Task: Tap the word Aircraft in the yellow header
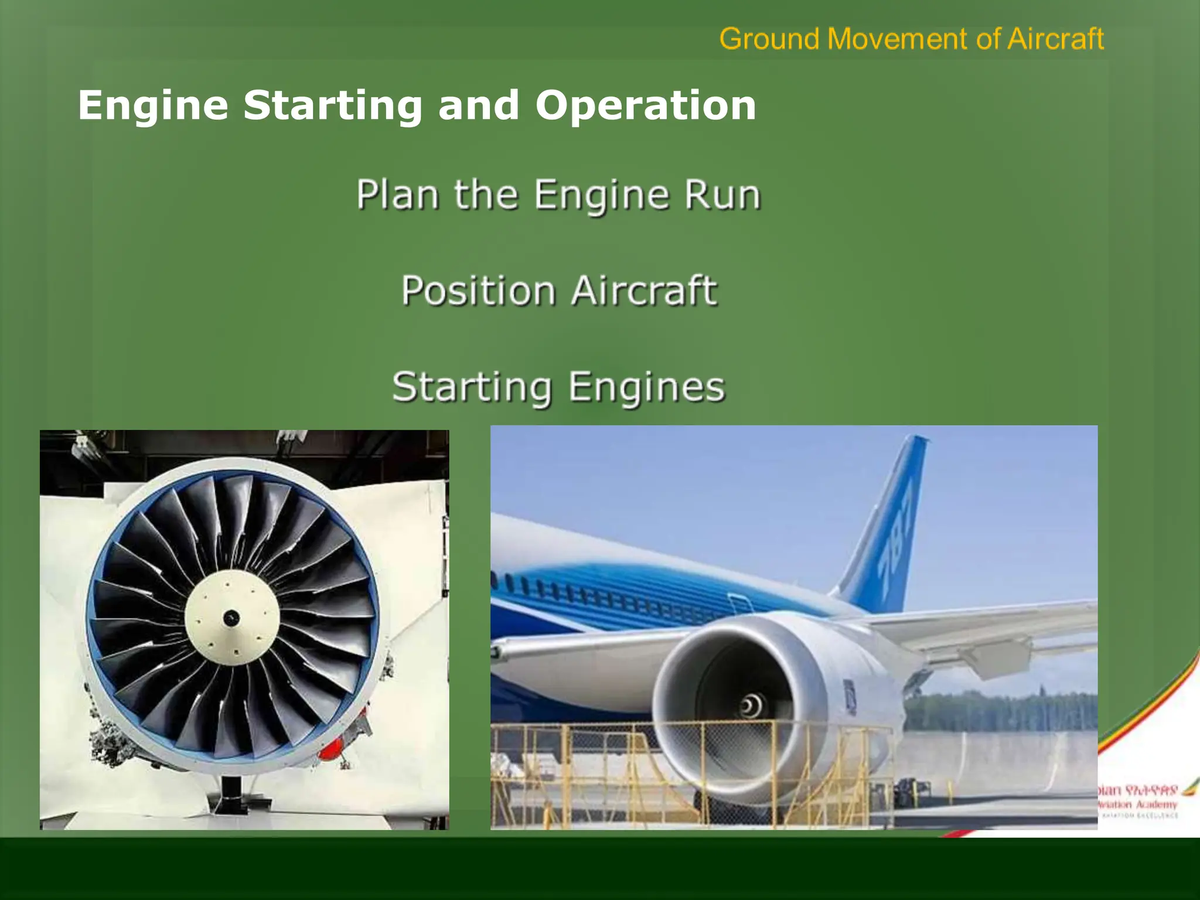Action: click(x=1055, y=39)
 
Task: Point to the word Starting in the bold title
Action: click(x=332, y=107)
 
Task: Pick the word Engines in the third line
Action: click(x=647, y=387)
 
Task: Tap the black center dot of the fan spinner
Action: click(x=231, y=617)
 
